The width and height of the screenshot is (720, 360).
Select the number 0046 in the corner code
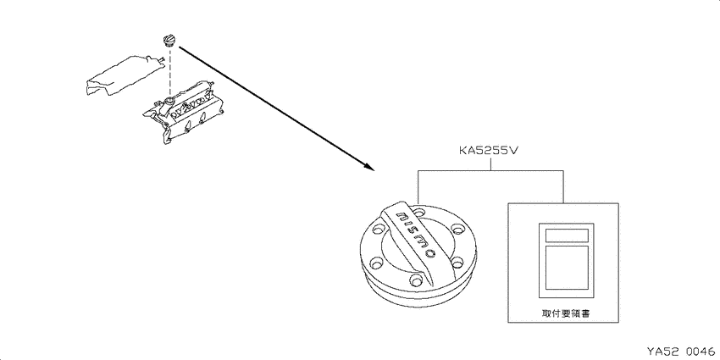coord(701,352)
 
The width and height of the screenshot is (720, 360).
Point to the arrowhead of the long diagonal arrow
coord(370,167)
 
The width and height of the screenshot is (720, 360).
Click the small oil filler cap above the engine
coord(169,41)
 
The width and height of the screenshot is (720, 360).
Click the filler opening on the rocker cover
coord(170,100)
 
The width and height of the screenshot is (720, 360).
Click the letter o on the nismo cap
coord(429,252)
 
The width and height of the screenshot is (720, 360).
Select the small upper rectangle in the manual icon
coord(566,235)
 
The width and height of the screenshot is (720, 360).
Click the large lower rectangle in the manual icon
coord(566,267)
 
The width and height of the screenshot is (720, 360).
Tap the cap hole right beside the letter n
coord(418,213)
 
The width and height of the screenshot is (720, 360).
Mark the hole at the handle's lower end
coord(416,279)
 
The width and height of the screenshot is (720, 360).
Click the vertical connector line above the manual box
coord(563,187)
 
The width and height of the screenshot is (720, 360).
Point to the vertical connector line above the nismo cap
coord(418,187)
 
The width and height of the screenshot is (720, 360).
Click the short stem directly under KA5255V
coord(490,164)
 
